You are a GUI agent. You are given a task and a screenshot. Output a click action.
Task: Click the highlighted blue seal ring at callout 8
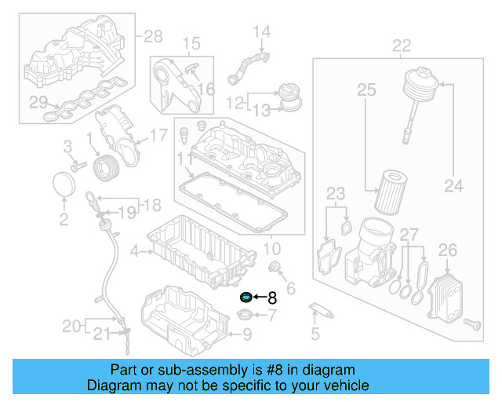tap(246, 298)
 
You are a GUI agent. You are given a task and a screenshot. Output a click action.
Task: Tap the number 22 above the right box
tap(401, 46)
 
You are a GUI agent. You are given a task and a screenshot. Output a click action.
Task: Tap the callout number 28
tap(152, 36)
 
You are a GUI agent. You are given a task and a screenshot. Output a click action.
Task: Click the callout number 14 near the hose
tap(261, 32)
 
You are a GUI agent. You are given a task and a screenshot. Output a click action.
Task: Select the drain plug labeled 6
tap(275, 269)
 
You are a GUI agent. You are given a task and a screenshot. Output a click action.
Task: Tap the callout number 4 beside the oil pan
tap(134, 251)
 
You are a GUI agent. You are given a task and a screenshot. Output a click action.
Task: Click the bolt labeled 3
tap(77, 166)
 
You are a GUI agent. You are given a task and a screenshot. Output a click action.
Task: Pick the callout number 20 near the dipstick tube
tap(71, 325)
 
